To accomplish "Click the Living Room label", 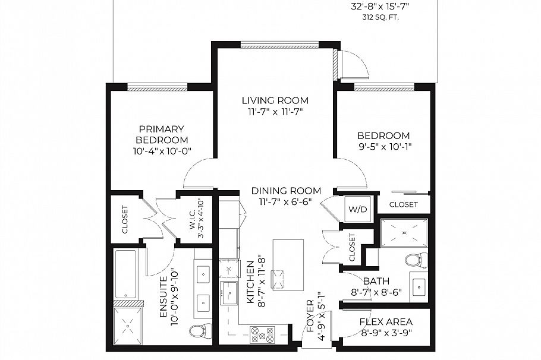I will (x=274, y=100).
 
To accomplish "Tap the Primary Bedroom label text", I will (x=161, y=134).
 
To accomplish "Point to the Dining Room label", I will (x=286, y=191).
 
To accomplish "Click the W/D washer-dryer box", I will (x=358, y=209).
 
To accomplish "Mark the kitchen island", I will (x=288, y=264).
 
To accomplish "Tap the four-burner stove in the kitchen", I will (x=262, y=334).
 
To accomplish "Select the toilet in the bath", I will (x=416, y=260).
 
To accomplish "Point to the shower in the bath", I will (x=404, y=233).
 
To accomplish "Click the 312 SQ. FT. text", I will (x=381, y=18).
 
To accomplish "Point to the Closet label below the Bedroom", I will (x=404, y=205).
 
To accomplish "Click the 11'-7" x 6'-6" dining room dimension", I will (x=286, y=202).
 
